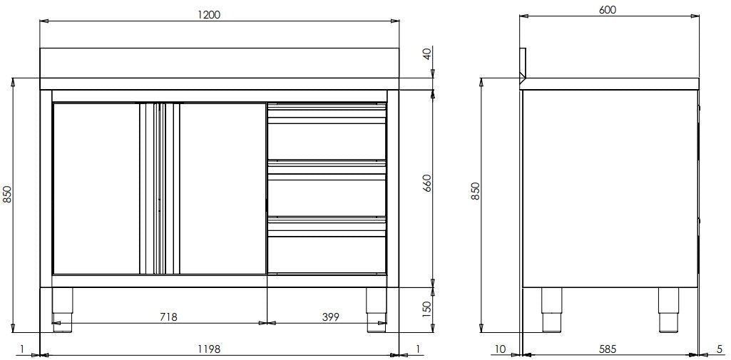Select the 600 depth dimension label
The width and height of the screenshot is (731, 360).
click(608, 10)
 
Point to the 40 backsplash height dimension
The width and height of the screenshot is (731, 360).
click(426, 53)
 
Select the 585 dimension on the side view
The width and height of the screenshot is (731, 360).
click(608, 349)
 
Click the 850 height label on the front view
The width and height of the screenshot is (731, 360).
click(7, 194)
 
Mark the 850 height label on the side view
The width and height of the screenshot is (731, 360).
click(476, 191)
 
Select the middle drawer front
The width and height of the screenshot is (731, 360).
click(327, 195)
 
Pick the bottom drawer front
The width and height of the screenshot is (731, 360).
click(327, 253)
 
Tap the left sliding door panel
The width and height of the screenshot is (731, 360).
click(96, 188)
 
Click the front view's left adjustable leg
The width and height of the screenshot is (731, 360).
click(63, 309)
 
